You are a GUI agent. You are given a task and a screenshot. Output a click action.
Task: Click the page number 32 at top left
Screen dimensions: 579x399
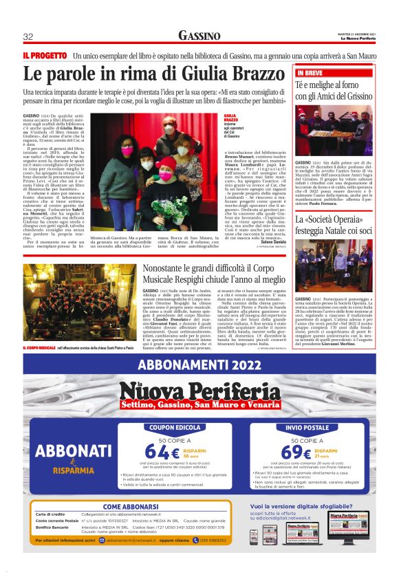tap(28, 36)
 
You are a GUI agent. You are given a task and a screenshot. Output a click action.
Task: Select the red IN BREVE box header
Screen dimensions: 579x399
tap(310, 72)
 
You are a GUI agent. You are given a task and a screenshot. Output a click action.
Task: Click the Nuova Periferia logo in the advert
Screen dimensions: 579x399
tap(199, 394)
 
